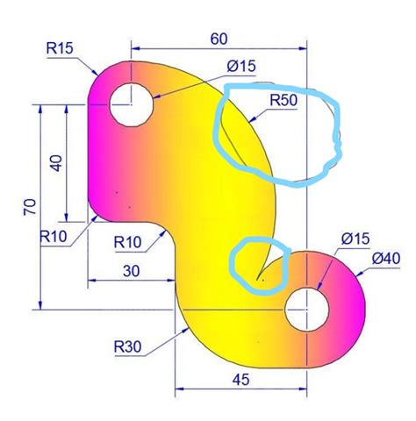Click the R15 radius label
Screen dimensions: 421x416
(61, 47)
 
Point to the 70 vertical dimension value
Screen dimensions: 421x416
(29, 207)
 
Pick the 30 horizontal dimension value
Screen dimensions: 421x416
(131, 270)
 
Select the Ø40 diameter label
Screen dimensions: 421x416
(386, 259)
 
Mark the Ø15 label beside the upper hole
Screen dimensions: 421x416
(240, 66)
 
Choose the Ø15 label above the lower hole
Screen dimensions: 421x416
(355, 239)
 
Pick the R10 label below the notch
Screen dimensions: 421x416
(128, 241)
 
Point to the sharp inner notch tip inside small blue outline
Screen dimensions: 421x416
(259, 279)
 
